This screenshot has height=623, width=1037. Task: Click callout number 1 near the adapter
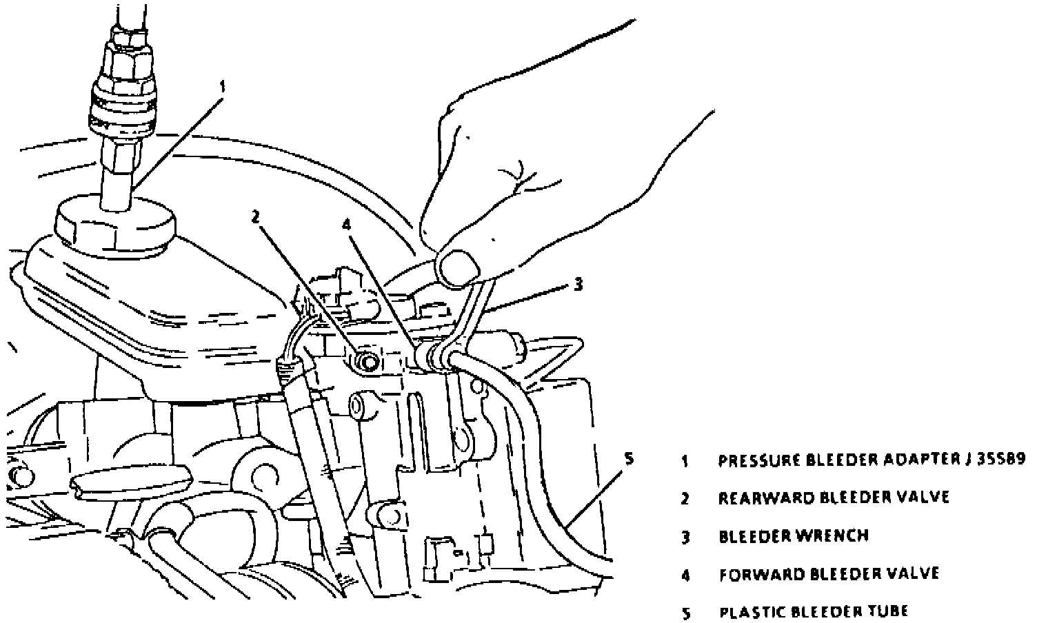[222, 88]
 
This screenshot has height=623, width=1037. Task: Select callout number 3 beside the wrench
[578, 283]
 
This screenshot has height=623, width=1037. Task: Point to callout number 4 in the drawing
[347, 224]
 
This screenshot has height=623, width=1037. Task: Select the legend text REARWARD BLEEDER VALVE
[834, 498]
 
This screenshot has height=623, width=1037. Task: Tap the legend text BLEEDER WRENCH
[794, 535]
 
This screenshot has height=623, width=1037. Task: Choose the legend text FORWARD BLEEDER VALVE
[829, 573]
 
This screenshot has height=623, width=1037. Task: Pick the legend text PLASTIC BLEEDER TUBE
[814, 611]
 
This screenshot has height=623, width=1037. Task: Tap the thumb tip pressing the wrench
[457, 267]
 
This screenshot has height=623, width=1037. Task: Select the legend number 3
[685, 537]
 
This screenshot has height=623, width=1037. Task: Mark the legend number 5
[685, 612]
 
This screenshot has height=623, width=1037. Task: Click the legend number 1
[685, 461]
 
